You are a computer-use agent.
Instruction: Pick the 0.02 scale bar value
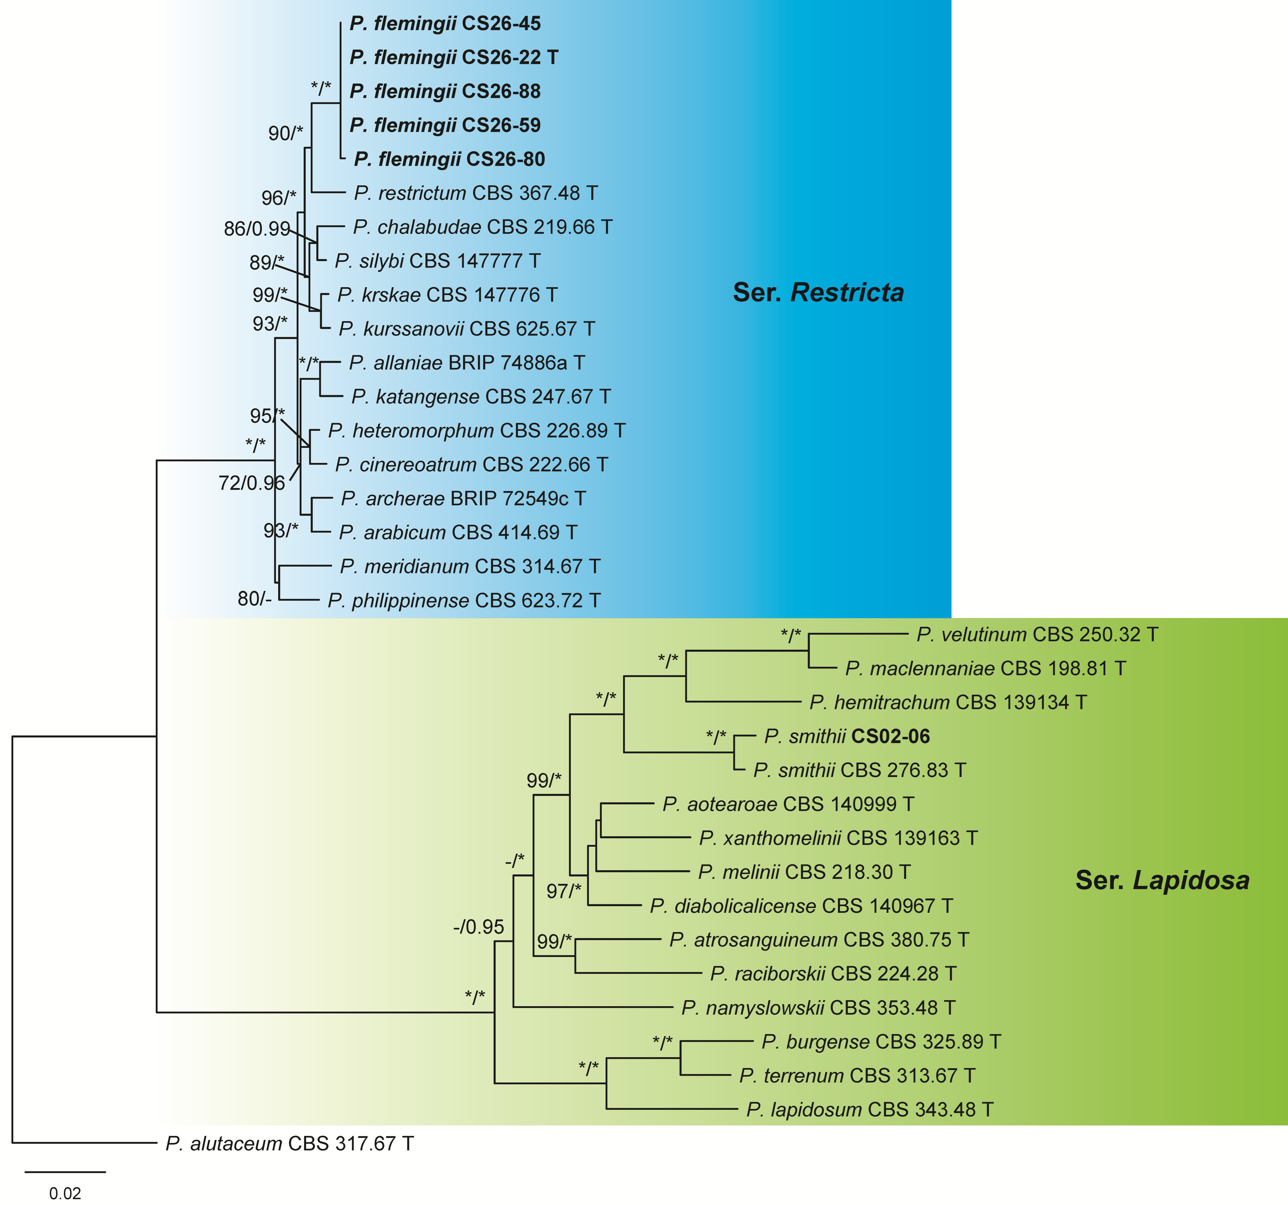(x=65, y=1193)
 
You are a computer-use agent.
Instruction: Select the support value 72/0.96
(x=251, y=483)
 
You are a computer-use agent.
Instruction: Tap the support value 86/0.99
(x=256, y=228)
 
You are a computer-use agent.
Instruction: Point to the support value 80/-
(x=254, y=599)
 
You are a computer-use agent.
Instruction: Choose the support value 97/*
(x=564, y=892)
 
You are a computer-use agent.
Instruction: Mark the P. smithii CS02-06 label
(x=847, y=736)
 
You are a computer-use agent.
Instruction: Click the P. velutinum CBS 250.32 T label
(x=1037, y=635)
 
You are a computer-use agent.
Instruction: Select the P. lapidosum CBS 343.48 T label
(x=869, y=1110)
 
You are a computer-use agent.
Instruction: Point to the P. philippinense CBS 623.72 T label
(x=464, y=601)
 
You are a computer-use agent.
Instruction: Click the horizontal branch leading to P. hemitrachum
(x=743, y=702)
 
